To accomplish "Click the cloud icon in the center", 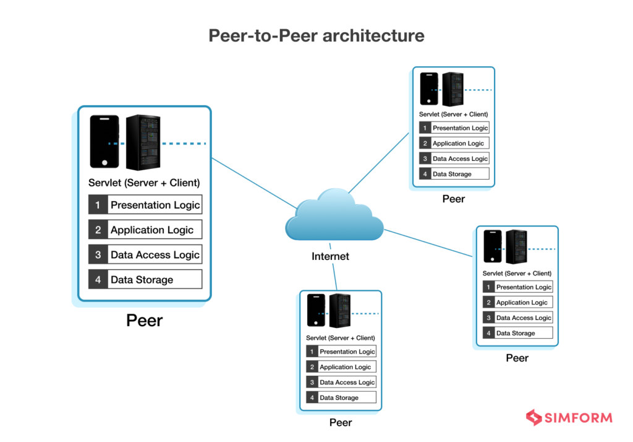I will point(334,217).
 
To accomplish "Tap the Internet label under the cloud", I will point(330,256).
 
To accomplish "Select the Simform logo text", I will point(578,418).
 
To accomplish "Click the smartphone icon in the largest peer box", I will point(104,142).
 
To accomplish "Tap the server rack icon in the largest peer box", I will point(143,142).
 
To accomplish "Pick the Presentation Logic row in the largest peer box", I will point(155,205).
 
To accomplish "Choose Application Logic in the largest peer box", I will point(152,230).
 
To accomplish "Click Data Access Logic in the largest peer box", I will point(155,254).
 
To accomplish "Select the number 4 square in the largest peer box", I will point(98,279).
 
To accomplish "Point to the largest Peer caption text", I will point(145,320).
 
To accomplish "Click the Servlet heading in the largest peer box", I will point(144,183).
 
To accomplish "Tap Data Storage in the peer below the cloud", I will point(339,397).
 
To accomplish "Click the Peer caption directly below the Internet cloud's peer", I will point(341,423).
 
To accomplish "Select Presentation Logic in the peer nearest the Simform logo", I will point(524,287).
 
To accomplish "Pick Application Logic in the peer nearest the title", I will point(458,143).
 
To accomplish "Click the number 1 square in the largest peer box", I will point(98,205).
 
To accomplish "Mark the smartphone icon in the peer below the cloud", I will point(316,311).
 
